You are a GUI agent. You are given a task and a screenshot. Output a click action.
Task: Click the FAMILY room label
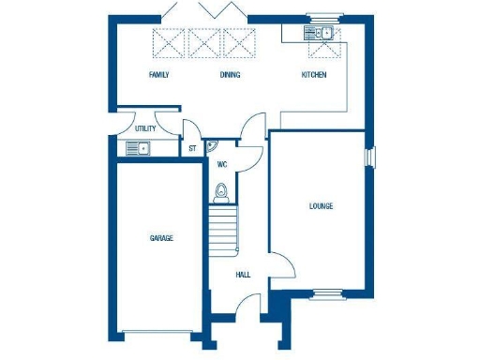pos(159,75)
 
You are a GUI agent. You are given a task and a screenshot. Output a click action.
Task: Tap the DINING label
pos(230,75)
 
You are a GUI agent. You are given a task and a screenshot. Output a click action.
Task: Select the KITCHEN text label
pos(313,75)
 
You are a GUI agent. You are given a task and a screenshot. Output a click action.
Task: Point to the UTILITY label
pos(145,128)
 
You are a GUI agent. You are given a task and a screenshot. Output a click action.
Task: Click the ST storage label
pos(192,148)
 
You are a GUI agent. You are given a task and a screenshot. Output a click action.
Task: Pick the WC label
pos(222,164)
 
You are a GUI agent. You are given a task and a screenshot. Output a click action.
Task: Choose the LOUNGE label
pos(321,205)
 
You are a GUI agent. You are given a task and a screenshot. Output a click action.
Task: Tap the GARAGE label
pos(161,238)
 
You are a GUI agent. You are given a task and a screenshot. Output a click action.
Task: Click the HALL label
pos(243,275)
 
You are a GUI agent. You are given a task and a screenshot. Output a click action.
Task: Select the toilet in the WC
pos(221,192)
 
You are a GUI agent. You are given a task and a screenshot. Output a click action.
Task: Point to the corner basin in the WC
pos(212,145)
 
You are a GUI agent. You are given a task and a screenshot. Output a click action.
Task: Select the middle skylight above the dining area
pos(204,42)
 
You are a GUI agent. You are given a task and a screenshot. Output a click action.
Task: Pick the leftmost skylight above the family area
pos(170,42)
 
